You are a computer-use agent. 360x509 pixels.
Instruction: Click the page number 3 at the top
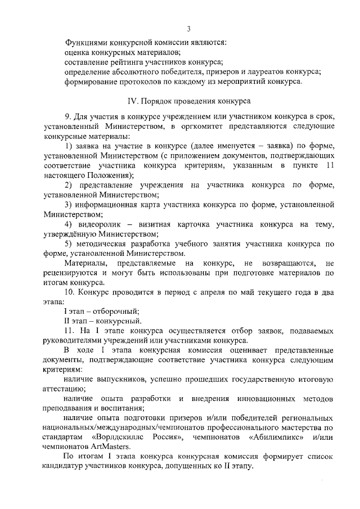(189, 29)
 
